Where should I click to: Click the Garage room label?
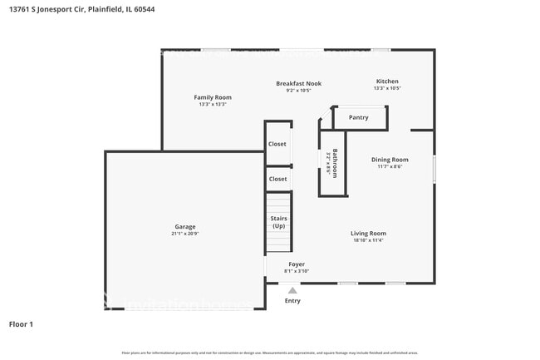(x=185, y=226)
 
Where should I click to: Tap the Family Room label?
(x=213, y=97)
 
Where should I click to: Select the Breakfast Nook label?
(x=298, y=83)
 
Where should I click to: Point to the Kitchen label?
(x=387, y=81)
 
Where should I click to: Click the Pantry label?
(x=359, y=117)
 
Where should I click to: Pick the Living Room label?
(x=368, y=234)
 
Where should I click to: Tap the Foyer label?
(x=297, y=264)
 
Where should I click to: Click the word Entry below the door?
(x=292, y=301)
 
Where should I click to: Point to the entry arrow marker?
(x=292, y=290)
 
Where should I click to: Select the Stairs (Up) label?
(x=278, y=222)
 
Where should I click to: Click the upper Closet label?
(x=277, y=144)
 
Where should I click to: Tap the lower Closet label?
(x=277, y=179)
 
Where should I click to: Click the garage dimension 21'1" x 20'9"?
(x=185, y=234)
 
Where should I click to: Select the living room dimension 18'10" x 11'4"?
(x=368, y=241)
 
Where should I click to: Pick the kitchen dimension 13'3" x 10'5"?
(x=387, y=88)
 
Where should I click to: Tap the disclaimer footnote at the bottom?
(x=270, y=353)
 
